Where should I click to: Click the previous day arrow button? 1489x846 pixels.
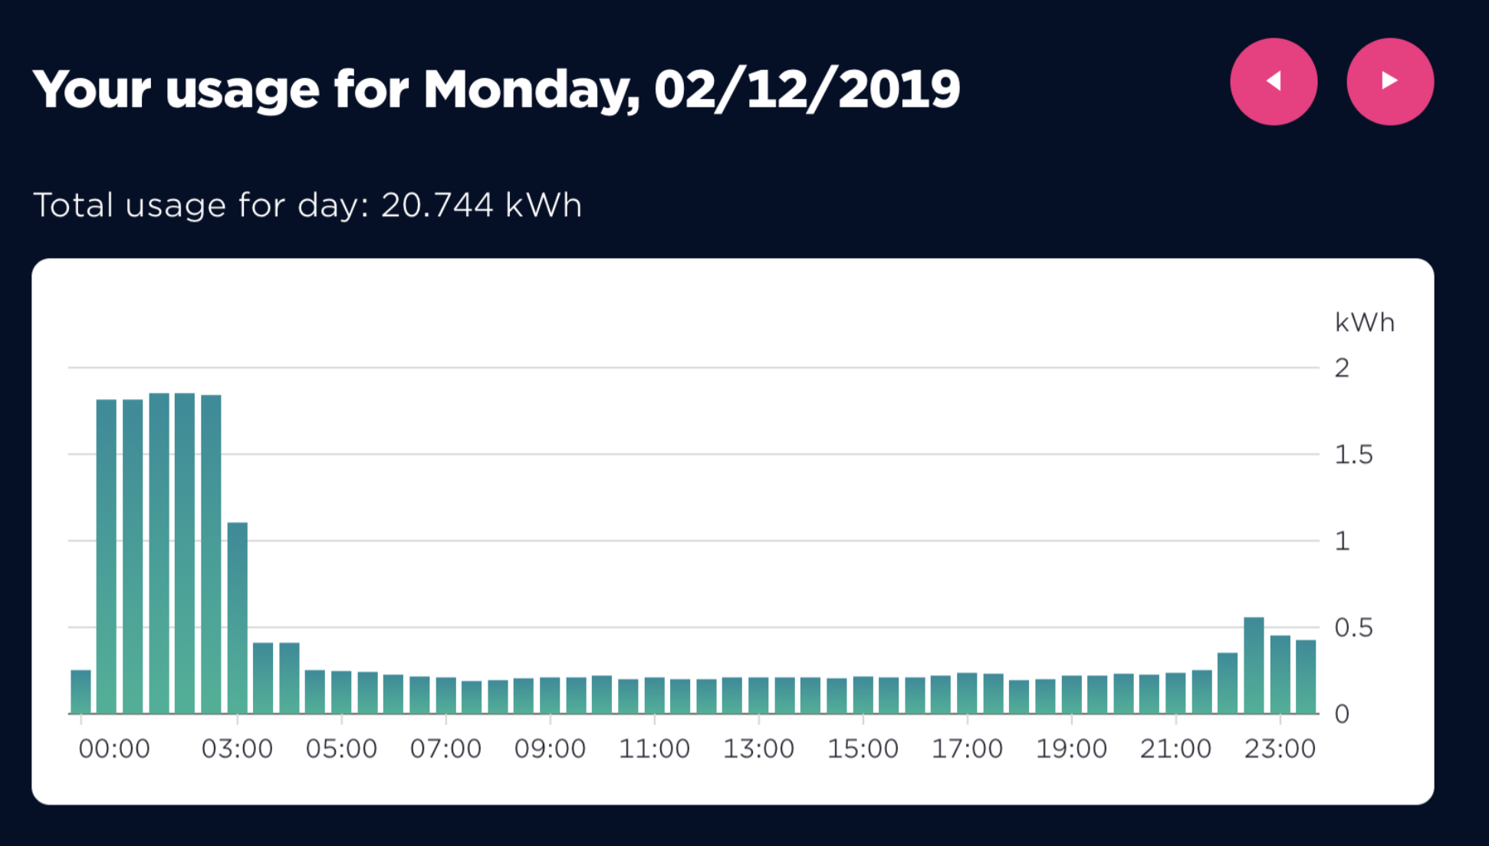pos(1274,81)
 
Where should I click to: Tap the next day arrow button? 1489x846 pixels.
pos(1389,81)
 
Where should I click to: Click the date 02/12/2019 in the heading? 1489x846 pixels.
pos(807,90)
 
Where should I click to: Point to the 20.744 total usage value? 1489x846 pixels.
pos(437,205)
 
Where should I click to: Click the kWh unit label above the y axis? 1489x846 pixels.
pos(1364,323)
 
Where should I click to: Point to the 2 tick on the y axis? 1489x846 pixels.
pos(1342,369)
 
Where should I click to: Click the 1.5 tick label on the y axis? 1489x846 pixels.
pos(1353,455)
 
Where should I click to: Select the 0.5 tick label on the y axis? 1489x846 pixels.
pos(1353,628)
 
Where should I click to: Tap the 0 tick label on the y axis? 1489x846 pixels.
pos(1342,714)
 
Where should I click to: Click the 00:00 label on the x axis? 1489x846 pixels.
pos(114,749)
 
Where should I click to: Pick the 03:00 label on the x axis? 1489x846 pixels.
pos(237,749)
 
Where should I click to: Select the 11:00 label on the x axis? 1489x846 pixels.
pos(654,749)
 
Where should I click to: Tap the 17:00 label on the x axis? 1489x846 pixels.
pos(967,749)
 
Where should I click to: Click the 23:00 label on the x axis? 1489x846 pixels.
pos(1280,749)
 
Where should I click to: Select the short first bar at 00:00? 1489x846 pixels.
pos(81,692)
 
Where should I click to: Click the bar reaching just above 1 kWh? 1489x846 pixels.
pos(238,618)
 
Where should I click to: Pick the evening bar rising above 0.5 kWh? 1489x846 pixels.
pos(1254,665)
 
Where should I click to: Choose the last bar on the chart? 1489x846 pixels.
pos(1306,677)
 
